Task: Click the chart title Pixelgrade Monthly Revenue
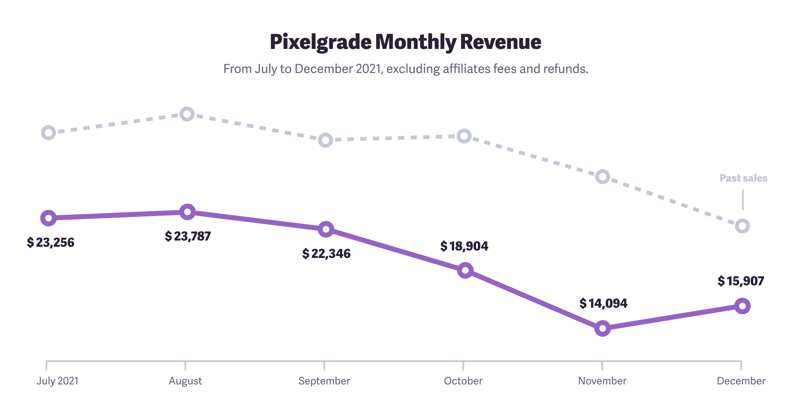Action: click(405, 42)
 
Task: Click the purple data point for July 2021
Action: click(49, 218)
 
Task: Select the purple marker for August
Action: click(187, 212)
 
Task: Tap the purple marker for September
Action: click(326, 229)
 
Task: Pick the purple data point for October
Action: click(465, 271)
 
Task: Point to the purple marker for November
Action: click(603, 328)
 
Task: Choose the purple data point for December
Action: click(742, 306)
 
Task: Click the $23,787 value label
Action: click(188, 236)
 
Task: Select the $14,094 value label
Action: click(603, 304)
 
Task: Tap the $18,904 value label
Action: click(464, 246)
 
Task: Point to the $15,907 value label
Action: click(741, 281)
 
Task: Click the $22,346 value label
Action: click(326, 254)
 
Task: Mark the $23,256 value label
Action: click(51, 243)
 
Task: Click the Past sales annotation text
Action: click(743, 178)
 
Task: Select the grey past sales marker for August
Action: click(187, 114)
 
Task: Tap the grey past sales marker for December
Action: click(742, 226)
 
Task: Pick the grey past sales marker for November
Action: click(603, 177)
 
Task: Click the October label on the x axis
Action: click(463, 381)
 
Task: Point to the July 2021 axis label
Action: click(57, 381)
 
